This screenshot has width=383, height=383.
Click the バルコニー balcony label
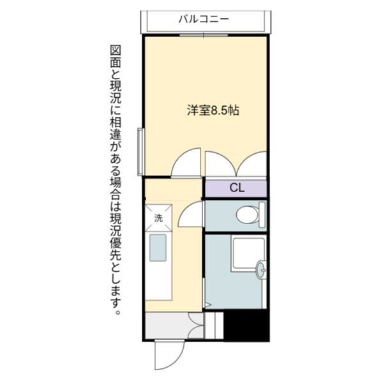tap(204, 19)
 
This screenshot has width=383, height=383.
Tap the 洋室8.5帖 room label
tap(213, 110)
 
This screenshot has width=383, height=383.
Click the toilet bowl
tap(245, 216)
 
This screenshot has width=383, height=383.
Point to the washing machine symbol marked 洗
tap(158, 217)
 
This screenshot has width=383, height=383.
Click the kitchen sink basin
tap(158, 247)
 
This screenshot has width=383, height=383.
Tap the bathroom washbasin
tap(261, 271)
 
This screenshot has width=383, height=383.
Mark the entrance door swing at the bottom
tap(167, 354)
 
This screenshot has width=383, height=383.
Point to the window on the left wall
tap(140, 151)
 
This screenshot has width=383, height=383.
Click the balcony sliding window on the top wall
tap(204, 36)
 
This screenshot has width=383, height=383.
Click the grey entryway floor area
tap(168, 326)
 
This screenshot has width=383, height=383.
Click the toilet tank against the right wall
tap(262, 216)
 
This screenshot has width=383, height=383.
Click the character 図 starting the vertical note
tap(116, 50)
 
